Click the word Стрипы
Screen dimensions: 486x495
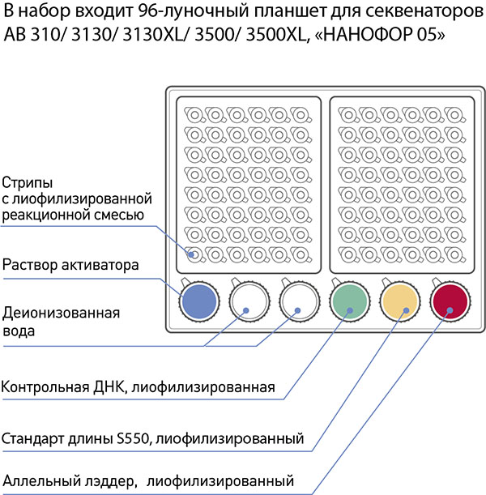[x=28, y=183]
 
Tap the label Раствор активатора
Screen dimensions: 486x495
[x=70, y=265]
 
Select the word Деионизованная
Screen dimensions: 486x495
[x=62, y=314]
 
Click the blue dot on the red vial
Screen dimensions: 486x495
[x=450, y=310]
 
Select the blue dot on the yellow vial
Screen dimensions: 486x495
[x=407, y=310]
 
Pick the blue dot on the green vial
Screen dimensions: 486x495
[x=350, y=310]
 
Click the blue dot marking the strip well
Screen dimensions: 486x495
[x=191, y=254]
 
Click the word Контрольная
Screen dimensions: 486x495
[x=45, y=387]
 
